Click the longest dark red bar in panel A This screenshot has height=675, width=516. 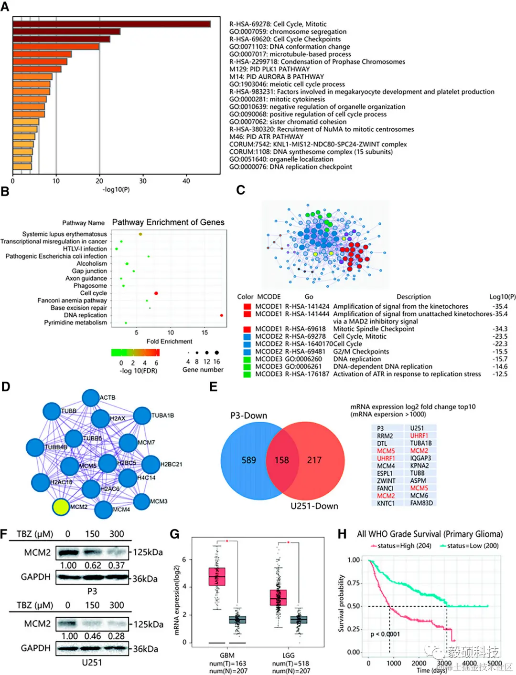(x=111, y=24)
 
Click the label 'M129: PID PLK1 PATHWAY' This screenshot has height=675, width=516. (x=269, y=69)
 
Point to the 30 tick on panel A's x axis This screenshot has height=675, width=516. (x=143, y=181)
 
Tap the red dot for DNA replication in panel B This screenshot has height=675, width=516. (x=222, y=315)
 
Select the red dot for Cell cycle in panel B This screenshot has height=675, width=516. (x=156, y=293)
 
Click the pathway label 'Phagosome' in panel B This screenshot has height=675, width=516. (x=90, y=286)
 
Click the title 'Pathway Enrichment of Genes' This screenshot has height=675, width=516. (x=168, y=222)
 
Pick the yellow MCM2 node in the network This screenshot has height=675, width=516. (x=61, y=507)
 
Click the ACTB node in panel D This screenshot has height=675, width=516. (x=91, y=398)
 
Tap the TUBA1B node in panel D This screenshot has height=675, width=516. (x=142, y=415)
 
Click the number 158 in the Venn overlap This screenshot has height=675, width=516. (x=281, y=460)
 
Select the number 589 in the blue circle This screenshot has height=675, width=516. (x=248, y=460)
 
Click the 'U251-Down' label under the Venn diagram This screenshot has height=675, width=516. (x=314, y=506)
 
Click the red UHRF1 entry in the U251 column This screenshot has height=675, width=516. (x=419, y=436)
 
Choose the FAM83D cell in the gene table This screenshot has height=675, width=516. (x=421, y=503)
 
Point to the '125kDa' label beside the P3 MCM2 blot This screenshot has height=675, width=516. (x=148, y=552)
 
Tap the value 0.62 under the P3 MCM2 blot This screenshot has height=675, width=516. (x=93, y=565)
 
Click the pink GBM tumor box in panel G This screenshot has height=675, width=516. (x=217, y=576)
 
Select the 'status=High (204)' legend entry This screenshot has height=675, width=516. (x=404, y=546)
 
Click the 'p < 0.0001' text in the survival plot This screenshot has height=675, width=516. (x=385, y=634)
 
